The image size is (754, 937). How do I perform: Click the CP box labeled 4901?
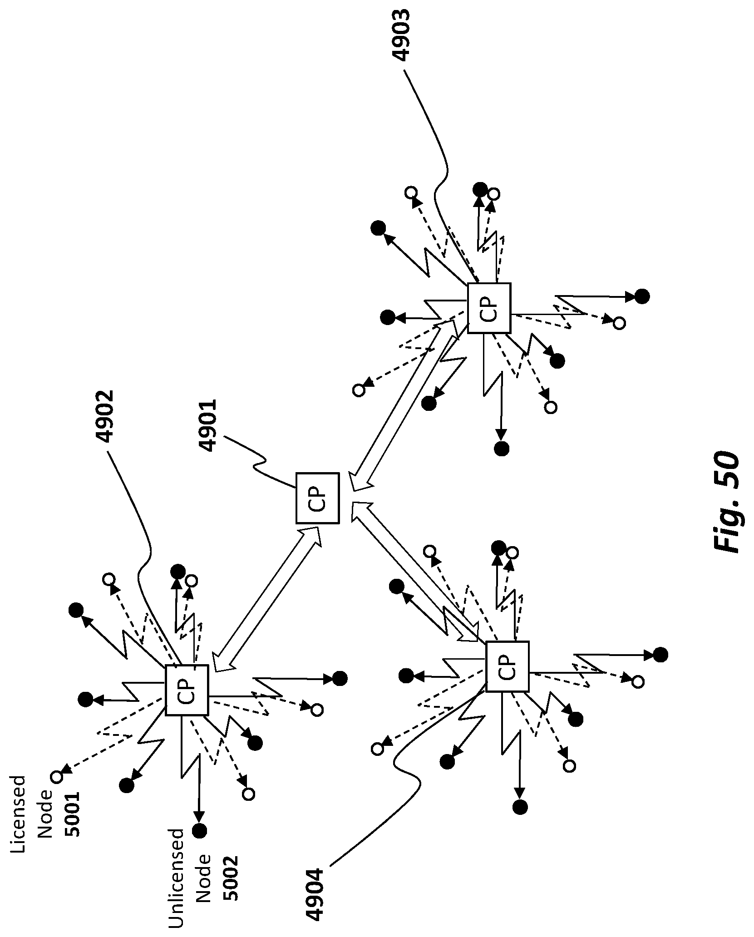(317, 498)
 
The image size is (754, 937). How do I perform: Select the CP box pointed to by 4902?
(187, 690)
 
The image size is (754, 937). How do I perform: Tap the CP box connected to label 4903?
(489, 308)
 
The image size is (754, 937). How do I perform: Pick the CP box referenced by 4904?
(507, 666)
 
